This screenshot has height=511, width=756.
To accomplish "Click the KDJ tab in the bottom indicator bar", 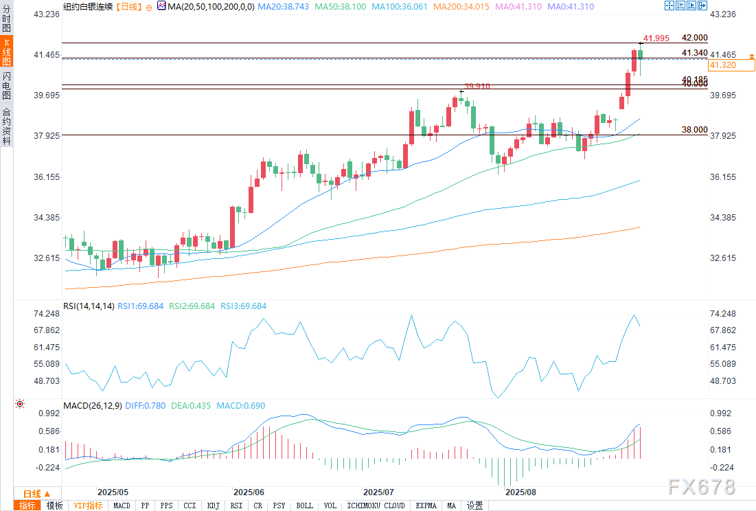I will pyautogui.click(x=213, y=506).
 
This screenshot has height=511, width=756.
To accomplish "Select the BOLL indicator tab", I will pyautogui.click(x=304, y=506).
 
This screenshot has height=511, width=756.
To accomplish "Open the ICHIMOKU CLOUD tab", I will pyautogui.click(x=376, y=506).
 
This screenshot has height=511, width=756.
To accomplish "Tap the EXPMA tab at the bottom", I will pyautogui.click(x=426, y=506).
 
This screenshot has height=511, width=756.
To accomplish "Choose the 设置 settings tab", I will pyautogui.click(x=474, y=506).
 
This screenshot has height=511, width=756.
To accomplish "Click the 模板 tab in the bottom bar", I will pyautogui.click(x=55, y=506).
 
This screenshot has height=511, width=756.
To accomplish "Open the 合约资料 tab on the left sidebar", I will pyautogui.click(x=6, y=125).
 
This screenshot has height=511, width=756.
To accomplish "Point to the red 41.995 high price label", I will pyautogui.click(x=656, y=38).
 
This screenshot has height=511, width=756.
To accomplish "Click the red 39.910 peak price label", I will pyautogui.click(x=477, y=86).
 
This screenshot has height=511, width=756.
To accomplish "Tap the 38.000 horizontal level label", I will pyautogui.click(x=694, y=129).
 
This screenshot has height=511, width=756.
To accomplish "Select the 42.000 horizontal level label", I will pyautogui.click(x=694, y=38).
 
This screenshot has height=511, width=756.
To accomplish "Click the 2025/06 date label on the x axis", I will pyautogui.click(x=249, y=492).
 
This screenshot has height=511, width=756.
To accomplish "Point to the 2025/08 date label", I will pyautogui.click(x=520, y=492).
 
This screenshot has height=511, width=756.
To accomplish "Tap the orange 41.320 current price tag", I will pyautogui.click(x=722, y=65).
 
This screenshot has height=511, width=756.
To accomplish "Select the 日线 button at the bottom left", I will pyautogui.click(x=36, y=494).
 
